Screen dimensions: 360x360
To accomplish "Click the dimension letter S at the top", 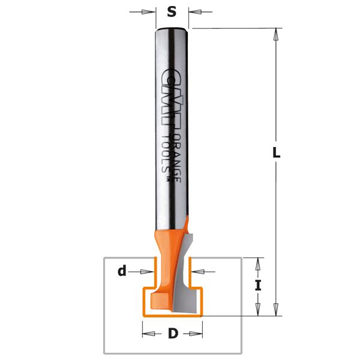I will [x=172, y=11].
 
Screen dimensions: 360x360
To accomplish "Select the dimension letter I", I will [x=259, y=286].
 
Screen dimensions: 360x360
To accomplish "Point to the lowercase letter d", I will [x=122, y=271].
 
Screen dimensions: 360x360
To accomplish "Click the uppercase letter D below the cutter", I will [x=173, y=334].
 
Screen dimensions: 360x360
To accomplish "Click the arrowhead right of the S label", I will [x=194, y=11].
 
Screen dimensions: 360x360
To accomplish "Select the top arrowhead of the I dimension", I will [x=259, y=263].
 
